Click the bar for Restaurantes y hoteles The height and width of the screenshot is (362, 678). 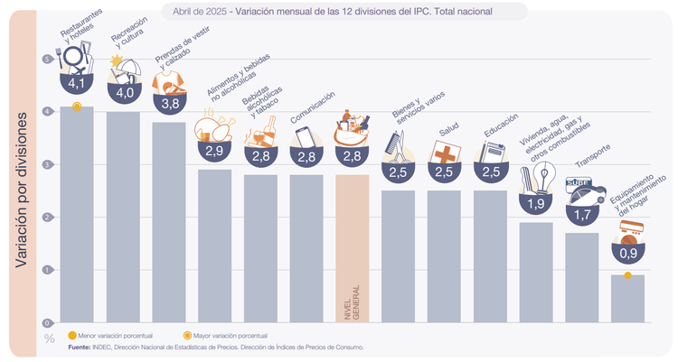pos(77,217)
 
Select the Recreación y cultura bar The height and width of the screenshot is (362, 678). pos(123,217)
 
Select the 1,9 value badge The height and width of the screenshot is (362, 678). pos(536,204)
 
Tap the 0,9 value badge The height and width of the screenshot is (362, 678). pos(627,255)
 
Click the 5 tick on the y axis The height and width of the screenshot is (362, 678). pos(48,60)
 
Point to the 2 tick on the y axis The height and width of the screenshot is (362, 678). pos(48,218)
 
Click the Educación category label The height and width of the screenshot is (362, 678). pos(500,126)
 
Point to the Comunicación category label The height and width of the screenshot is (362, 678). pos(312,107)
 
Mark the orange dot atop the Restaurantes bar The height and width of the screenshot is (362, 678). pos(77,107)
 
